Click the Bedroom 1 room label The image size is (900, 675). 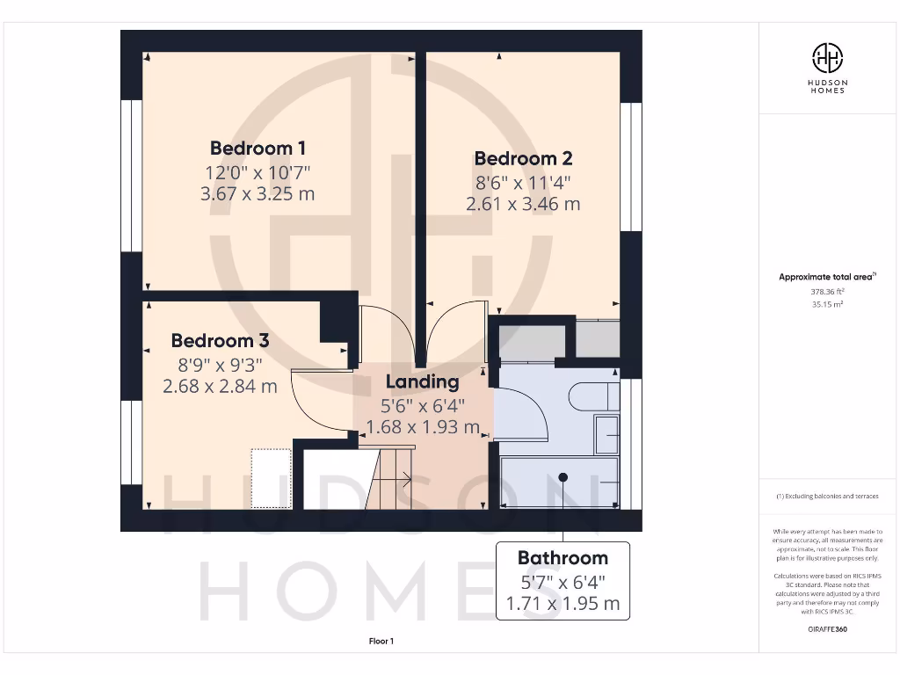258,148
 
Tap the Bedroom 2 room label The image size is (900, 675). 523,158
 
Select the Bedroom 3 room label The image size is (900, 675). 220,340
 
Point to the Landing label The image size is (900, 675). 422,382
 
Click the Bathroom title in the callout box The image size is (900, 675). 562,557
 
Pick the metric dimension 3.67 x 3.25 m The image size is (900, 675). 258,193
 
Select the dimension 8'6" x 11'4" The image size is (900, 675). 523,183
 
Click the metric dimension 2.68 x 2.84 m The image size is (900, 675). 220,386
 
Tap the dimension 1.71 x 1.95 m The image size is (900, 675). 562,604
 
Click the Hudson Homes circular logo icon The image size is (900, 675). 827,58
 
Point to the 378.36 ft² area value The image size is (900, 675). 826,292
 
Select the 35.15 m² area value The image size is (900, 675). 826,304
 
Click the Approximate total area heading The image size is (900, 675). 826,277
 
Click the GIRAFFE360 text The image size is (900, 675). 826,629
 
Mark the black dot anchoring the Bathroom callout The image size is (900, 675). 562,476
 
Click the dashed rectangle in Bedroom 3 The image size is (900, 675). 271,478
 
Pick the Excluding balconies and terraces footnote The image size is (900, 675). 826,497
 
